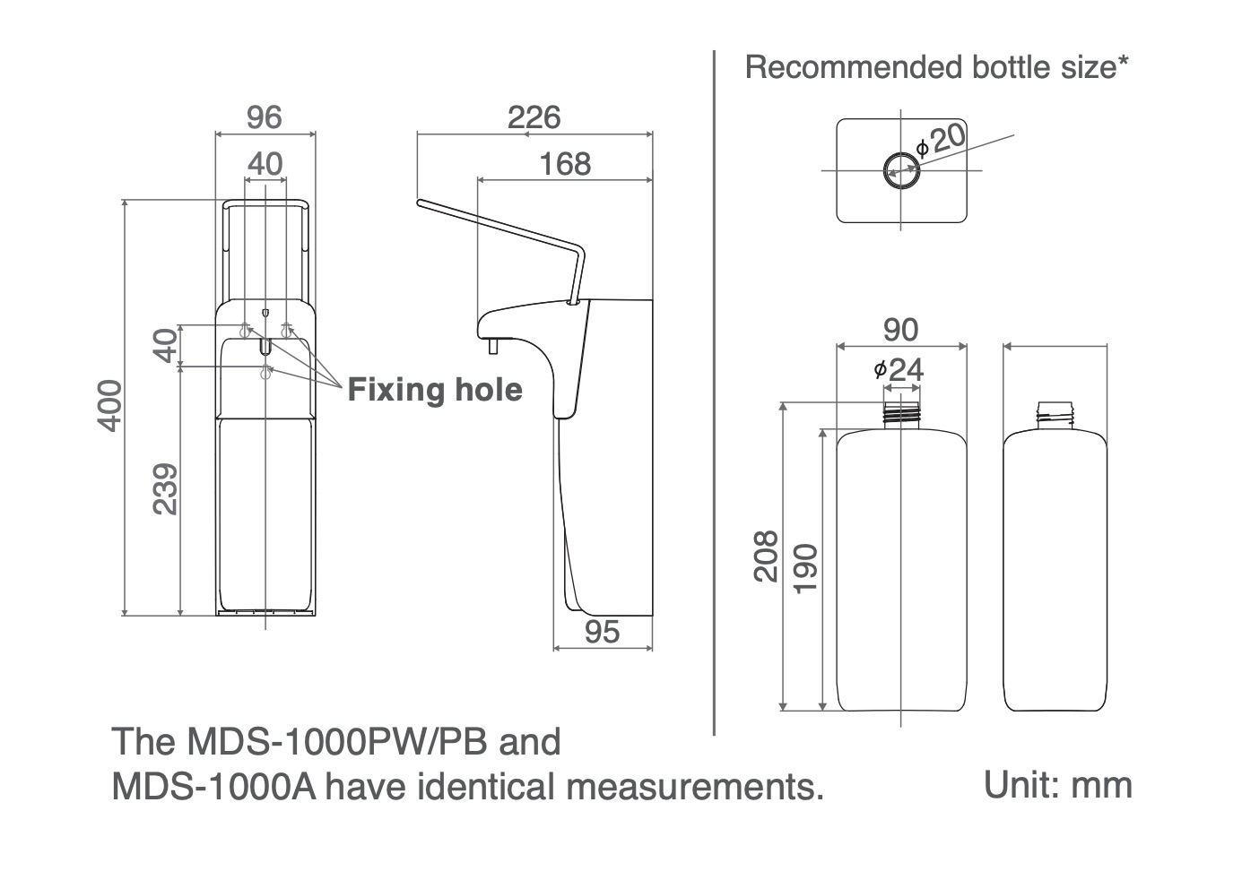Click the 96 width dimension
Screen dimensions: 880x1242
point(265,117)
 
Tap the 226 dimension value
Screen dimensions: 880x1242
point(534,117)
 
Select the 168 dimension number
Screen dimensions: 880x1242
point(565,164)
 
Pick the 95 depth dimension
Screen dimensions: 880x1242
point(602,632)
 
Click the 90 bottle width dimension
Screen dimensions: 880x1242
point(900,330)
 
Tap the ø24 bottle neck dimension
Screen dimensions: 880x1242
point(899,368)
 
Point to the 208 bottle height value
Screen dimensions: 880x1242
point(766,556)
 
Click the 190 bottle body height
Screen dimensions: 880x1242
point(804,567)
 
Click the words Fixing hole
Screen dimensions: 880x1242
point(434,390)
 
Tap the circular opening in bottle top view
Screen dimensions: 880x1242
point(900,169)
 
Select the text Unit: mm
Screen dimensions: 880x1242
point(1057,785)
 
